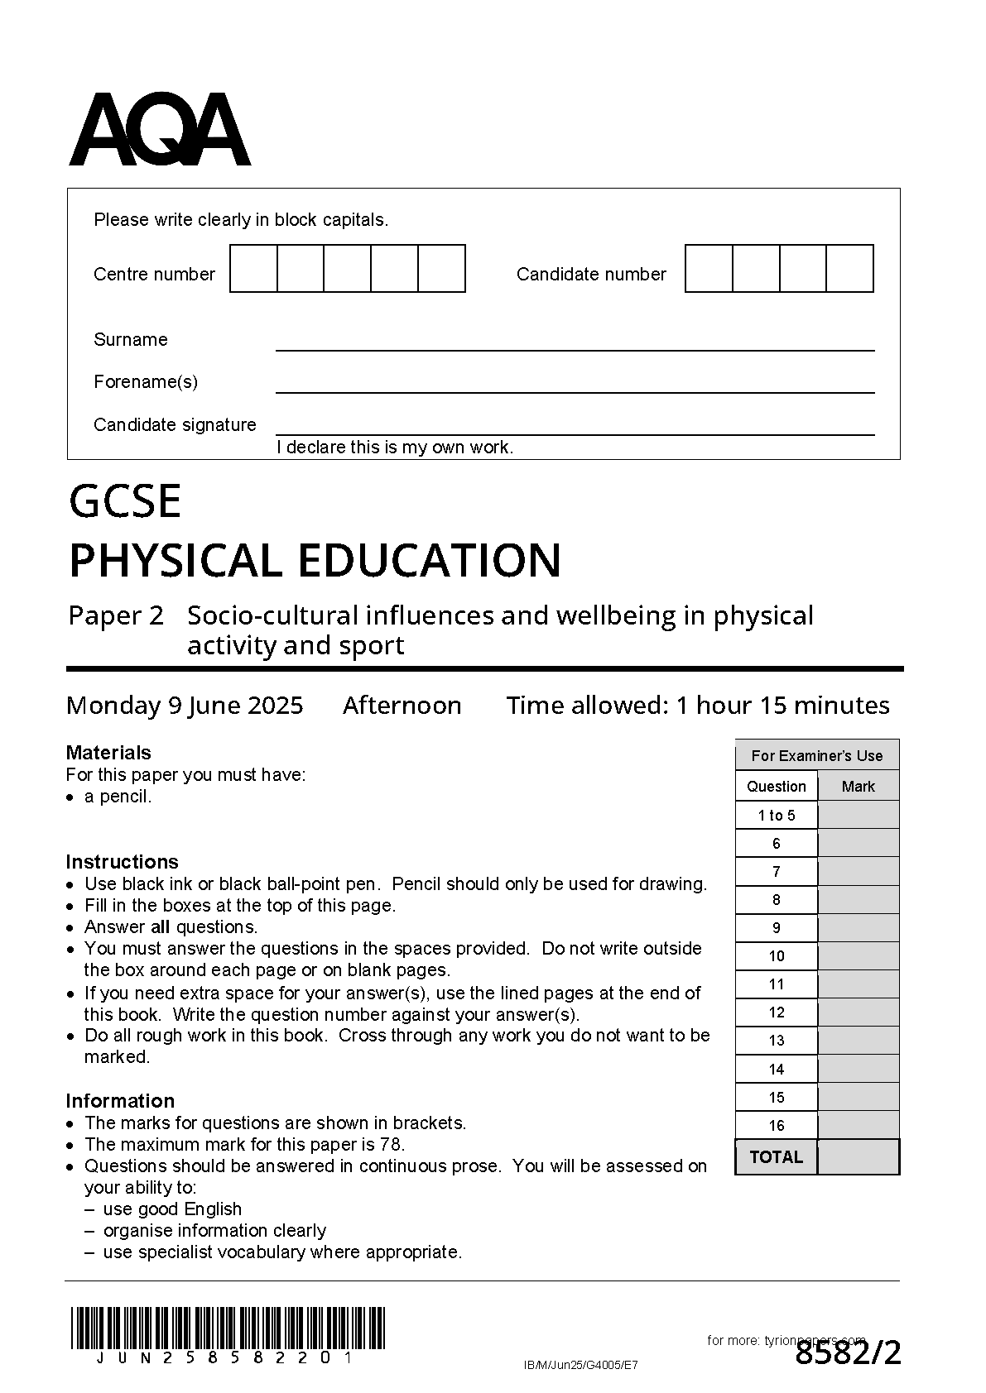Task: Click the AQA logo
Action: coord(159,130)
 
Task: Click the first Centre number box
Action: coord(253,269)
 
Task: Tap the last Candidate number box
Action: coord(850,269)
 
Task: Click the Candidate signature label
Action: coord(175,425)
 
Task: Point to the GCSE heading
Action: coord(125,501)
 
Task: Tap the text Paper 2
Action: coord(116,616)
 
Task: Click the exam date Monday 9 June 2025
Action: coord(185,706)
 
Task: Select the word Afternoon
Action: coord(402,706)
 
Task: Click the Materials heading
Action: coord(108,753)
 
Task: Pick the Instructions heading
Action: coord(122,862)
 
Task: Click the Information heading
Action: coord(120,1101)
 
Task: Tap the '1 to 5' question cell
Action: coord(777,816)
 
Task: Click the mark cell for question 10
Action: coord(859,956)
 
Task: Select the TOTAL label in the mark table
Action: coord(777,1157)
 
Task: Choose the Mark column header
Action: coord(859,787)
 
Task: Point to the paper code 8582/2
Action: coord(848,1354)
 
